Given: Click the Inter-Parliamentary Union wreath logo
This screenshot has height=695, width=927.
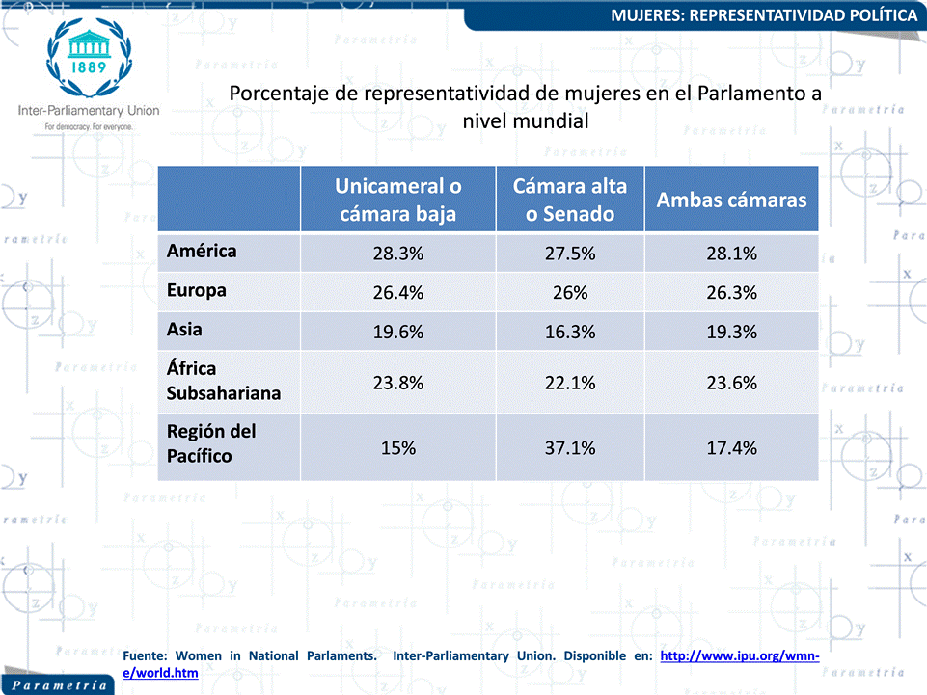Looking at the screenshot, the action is [90, 57].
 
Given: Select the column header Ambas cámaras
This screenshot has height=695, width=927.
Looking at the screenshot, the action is [731, 200].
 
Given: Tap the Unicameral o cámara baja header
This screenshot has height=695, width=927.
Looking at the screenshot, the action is [397, 200].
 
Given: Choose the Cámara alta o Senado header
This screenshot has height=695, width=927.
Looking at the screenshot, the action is [570, 200].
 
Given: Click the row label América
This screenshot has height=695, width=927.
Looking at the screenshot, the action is [202, 252].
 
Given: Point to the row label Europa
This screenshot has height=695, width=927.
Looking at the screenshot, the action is [196, 291].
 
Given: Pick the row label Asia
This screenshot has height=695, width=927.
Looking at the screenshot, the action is [184, 329].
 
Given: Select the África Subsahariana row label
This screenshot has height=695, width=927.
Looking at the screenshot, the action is [224, 381].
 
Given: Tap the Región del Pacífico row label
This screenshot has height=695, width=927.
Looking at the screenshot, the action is [211, 443].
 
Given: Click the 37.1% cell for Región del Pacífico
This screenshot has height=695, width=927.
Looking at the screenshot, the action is [570, 448].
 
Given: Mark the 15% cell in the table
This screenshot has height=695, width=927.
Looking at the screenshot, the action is [397, 448].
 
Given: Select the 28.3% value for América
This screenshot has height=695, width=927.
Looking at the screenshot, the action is [397, 254].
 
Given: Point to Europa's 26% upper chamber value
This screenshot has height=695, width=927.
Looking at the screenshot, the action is [570, 292].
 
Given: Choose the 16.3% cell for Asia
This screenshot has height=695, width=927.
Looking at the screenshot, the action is [570, 332].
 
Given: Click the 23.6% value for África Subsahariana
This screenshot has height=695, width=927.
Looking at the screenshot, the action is [731, 383].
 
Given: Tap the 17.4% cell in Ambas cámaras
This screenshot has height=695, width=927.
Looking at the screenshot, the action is [731, 448].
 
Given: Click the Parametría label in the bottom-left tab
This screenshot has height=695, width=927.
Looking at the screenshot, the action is [60, 685].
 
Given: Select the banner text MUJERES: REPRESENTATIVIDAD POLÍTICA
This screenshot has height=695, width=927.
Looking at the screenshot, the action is [764, 15].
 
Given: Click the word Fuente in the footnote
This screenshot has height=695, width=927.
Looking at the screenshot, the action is [145, 656].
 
